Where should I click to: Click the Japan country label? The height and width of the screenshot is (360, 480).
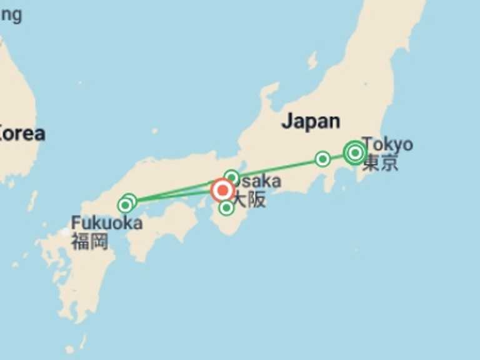(x=311, y=121)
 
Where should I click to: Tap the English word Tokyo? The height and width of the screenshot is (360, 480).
(x=387, y=144)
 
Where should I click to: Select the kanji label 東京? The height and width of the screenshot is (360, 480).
(x=380, y=163)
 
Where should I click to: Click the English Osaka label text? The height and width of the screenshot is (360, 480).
(x=257, y=181)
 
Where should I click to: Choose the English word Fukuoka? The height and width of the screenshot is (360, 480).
(x=106, y=222)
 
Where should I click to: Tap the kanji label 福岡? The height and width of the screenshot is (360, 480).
(x=89, y=241)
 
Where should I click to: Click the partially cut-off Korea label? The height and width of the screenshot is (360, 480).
(x=22, y=133)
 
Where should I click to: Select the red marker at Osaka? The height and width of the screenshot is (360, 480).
(x=222, y=190)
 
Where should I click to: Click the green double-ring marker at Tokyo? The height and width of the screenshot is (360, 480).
(x=355, y=152)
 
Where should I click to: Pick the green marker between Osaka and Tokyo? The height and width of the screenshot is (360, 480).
(x=322, y=159)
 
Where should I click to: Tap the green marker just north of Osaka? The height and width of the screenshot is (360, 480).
(x=232, y=177)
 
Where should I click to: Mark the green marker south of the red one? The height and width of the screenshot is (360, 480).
(x=226, y=208)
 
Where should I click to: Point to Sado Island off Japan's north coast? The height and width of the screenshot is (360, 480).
(x=312, y=60)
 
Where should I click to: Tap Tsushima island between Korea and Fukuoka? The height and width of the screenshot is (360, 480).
(x=32, y=200)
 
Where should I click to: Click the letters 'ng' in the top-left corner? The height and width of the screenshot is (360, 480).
(x=11, y=14)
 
